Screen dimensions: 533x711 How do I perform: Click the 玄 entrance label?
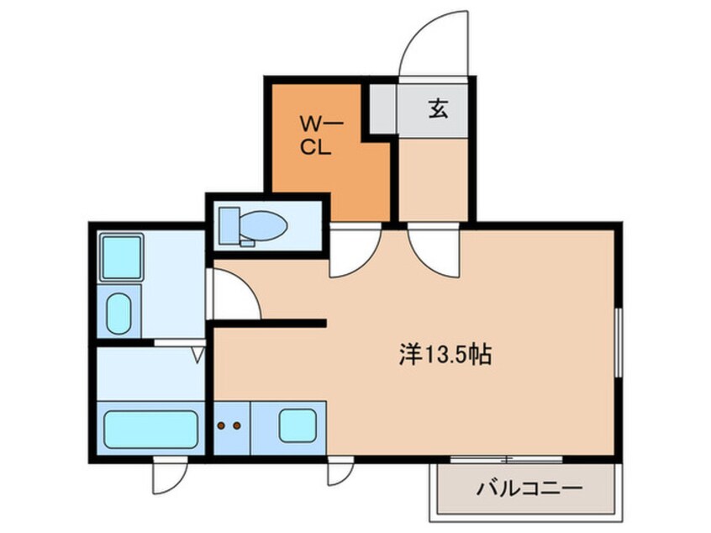click(x=438, y=109)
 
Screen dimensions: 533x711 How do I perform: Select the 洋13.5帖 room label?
click(x=445, y=355)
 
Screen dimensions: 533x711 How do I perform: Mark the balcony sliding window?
click(x=507, y=459)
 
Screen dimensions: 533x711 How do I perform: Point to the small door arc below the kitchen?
click(x=341, y=475)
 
